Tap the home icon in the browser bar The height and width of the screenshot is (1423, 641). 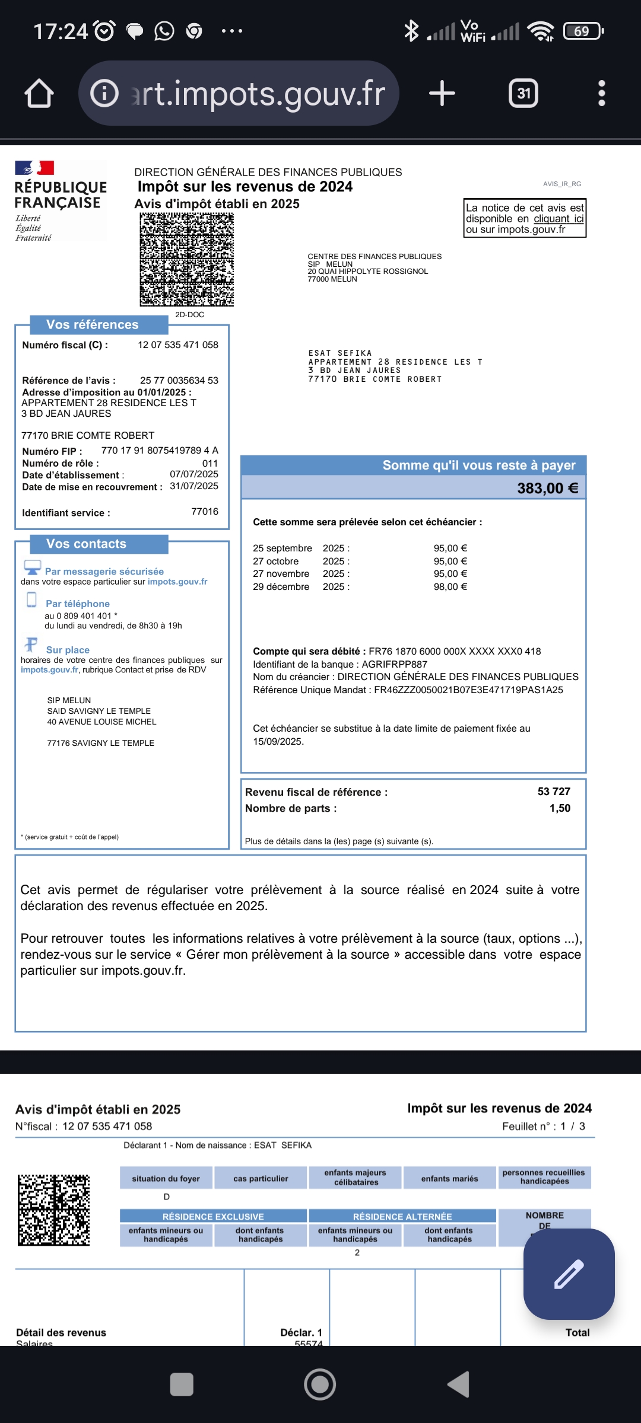coord(39,94)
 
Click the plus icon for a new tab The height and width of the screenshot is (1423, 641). coord(442,94)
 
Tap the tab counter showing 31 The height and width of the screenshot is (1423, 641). coord(523,94)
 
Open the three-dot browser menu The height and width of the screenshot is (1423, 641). coord(601,94)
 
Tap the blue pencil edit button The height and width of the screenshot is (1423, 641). coord(569,1274)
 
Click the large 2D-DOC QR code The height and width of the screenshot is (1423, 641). coord(187,260)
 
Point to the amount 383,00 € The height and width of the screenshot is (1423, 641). coord(547,489)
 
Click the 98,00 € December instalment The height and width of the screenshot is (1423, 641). coord(450,587)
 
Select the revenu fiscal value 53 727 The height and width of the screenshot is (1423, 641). coord(554,792)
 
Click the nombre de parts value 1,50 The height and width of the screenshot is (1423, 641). coord(560,808)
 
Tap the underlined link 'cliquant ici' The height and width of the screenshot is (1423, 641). coord(559,219)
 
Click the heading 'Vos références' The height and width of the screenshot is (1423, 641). coord(93,325)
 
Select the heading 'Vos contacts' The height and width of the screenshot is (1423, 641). coord(87,544)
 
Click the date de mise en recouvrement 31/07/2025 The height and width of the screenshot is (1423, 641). coord(194,486)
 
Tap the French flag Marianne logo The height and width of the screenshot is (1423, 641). coord(34,168)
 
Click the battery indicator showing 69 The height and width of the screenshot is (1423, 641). coord(582,31)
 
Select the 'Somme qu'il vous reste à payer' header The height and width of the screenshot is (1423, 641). coord(478,465)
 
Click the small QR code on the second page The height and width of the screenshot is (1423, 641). coord(53,1210)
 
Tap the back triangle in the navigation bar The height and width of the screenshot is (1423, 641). coord(459,1384)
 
